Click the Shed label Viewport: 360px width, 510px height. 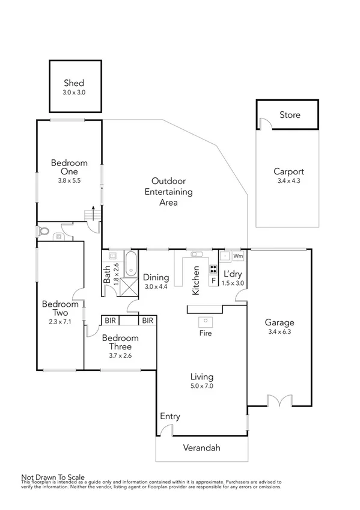(x=74, y=84)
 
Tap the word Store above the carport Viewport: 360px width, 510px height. (x=290, y=115)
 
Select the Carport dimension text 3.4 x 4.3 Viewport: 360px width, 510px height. (x=289, y=180)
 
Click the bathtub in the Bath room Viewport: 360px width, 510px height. (x=131, y=263)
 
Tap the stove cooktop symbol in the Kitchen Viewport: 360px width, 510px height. (x=213, y=269)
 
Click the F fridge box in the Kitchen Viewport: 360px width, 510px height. (x=213, y=281)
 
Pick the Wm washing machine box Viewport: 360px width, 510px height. (x=238, y=256)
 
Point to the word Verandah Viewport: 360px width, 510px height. (x=202, y=447)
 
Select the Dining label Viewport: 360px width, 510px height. (x=156, y=277)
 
